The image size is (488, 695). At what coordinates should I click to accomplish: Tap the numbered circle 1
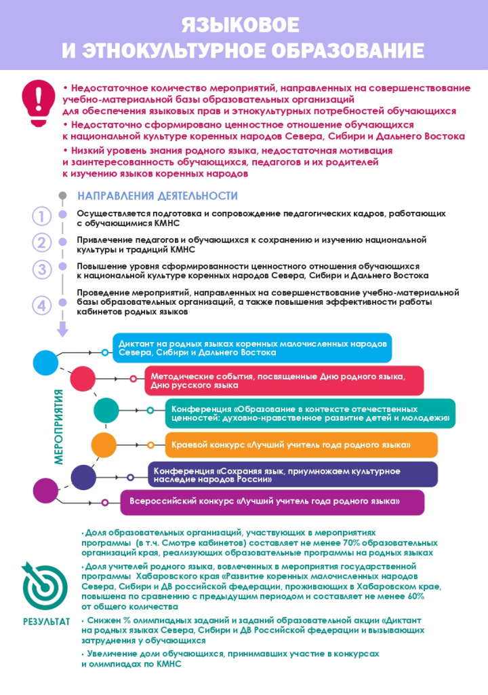point(42,217)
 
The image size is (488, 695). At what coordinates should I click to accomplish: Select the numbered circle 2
point(42,243)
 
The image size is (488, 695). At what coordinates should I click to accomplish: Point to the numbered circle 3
point(42,269)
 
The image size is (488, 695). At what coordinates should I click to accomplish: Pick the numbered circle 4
point(42,305)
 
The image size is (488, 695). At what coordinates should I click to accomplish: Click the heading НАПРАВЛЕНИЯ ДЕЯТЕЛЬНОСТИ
point(157,196)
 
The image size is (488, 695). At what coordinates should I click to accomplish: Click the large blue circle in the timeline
point(45,362)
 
